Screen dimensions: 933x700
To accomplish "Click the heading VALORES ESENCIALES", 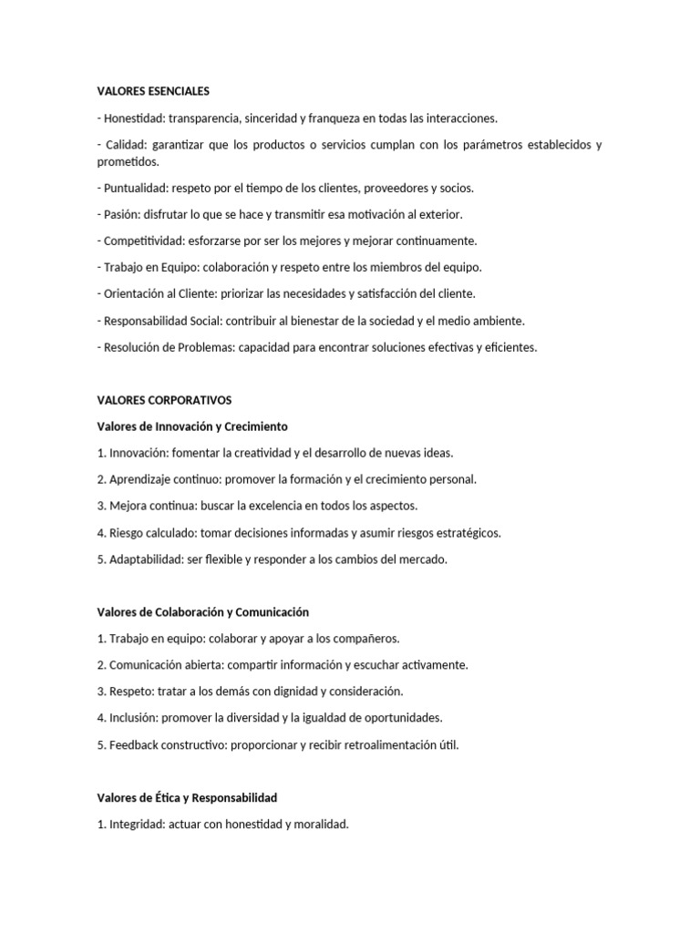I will (x=153, y=91).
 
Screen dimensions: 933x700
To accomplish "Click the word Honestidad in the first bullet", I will (x=133, y=118).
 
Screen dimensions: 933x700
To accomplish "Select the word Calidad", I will (x=127, y=146).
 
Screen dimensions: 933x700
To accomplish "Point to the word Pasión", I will (x=120, y=215).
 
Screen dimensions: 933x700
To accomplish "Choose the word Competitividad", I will (x=143, y=241).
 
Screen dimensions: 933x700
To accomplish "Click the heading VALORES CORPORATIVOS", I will (x=165, y=400).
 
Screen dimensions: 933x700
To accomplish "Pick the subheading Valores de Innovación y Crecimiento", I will (x=192, y=426).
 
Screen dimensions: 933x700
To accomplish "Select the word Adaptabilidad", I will (x=146, y=559).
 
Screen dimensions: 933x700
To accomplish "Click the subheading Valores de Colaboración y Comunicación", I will (x=203, y=612).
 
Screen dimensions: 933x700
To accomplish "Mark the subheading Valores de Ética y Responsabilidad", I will (x=187, y=798).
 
